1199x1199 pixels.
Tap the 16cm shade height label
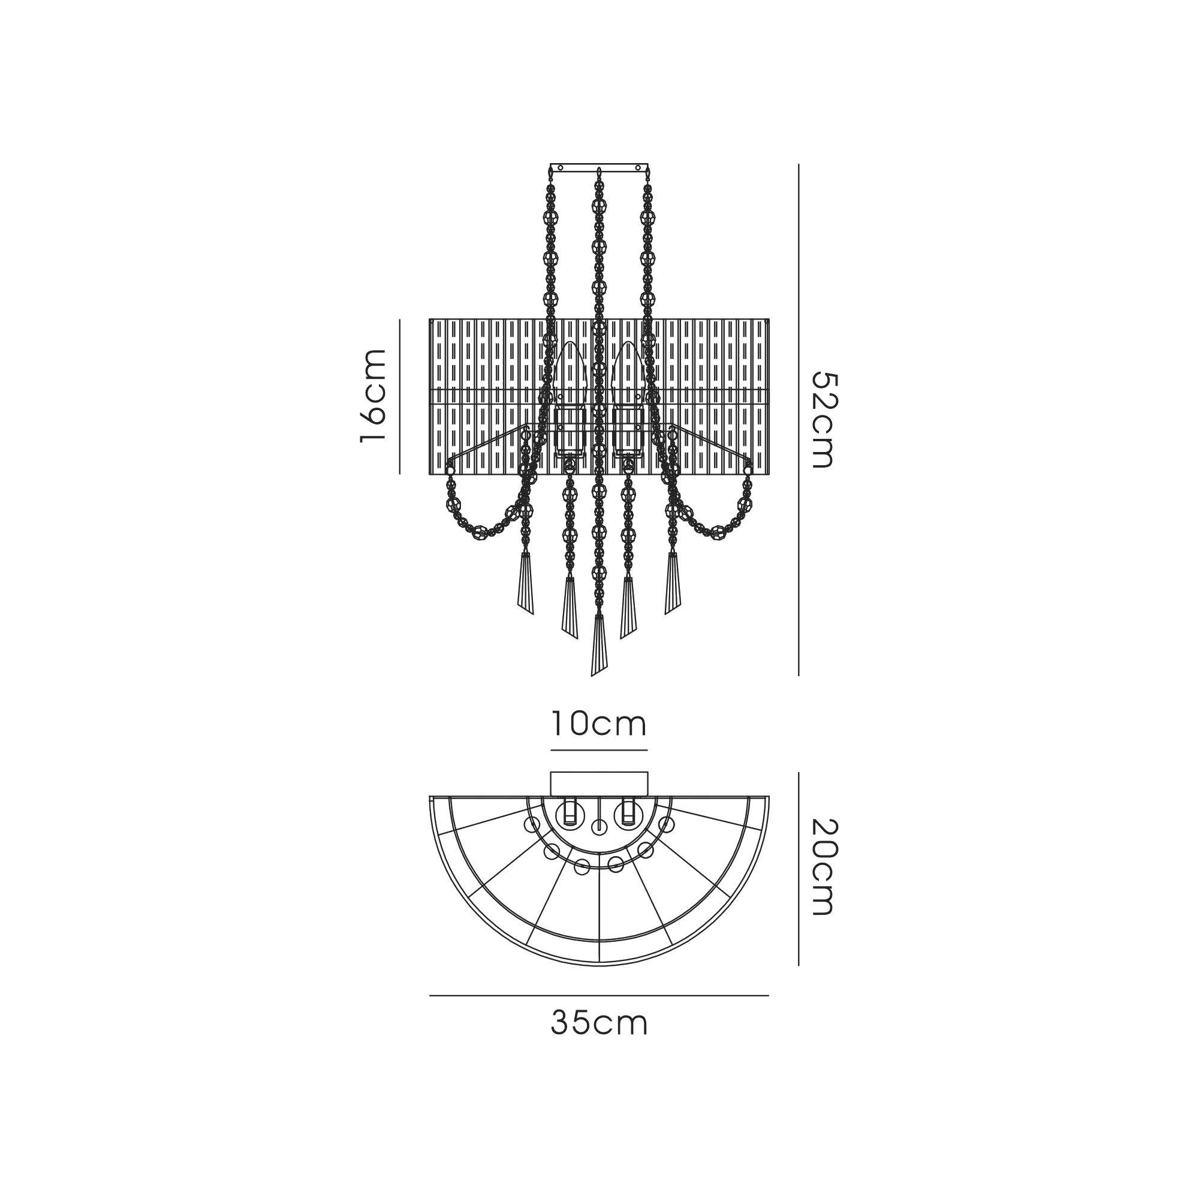click(373, 396)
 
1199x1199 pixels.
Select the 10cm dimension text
click(599, 724)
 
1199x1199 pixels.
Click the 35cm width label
click(599, 1024)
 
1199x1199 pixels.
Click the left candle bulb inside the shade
click(570, 372)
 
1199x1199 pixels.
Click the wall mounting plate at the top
click(599, 168)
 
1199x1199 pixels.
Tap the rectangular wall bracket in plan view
click(599, 783)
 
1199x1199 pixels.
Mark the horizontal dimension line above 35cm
click(599, 995)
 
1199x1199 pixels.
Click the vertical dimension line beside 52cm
click(799, 420)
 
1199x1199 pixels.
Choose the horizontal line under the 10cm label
click(599, 751)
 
